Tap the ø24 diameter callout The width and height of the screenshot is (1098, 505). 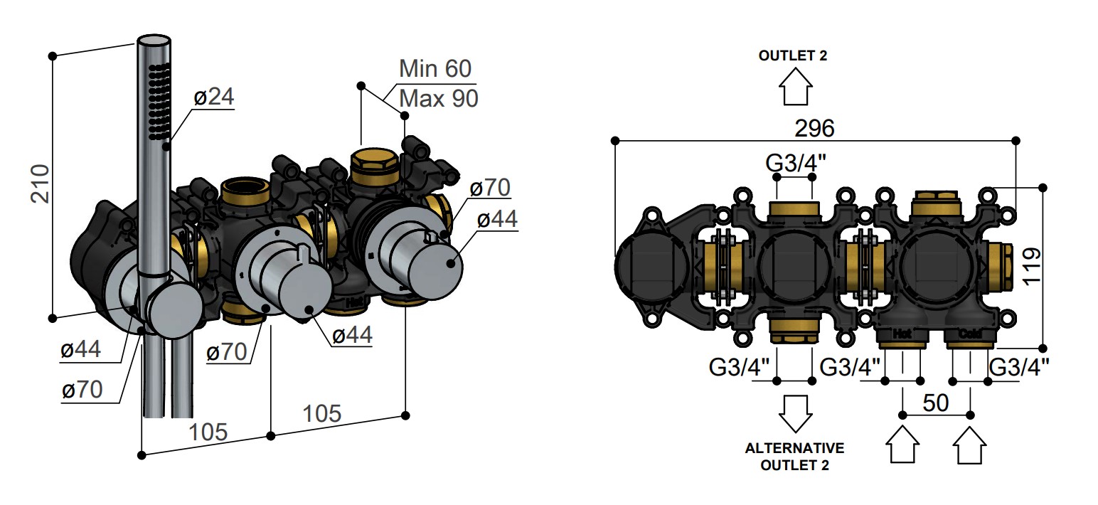point(214,96)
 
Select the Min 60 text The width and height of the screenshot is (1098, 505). point(435,68)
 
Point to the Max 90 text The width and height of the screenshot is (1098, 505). point(439,99)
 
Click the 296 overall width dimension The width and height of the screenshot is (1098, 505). point(814,129)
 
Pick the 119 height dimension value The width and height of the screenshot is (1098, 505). point(1032,266)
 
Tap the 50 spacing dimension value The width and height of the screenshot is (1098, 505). point(936,403)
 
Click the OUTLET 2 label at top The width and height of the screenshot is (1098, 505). point(793,56)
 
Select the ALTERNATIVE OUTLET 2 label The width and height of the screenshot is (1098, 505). point(794,457)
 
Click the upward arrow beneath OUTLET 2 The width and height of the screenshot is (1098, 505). point(796,86)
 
